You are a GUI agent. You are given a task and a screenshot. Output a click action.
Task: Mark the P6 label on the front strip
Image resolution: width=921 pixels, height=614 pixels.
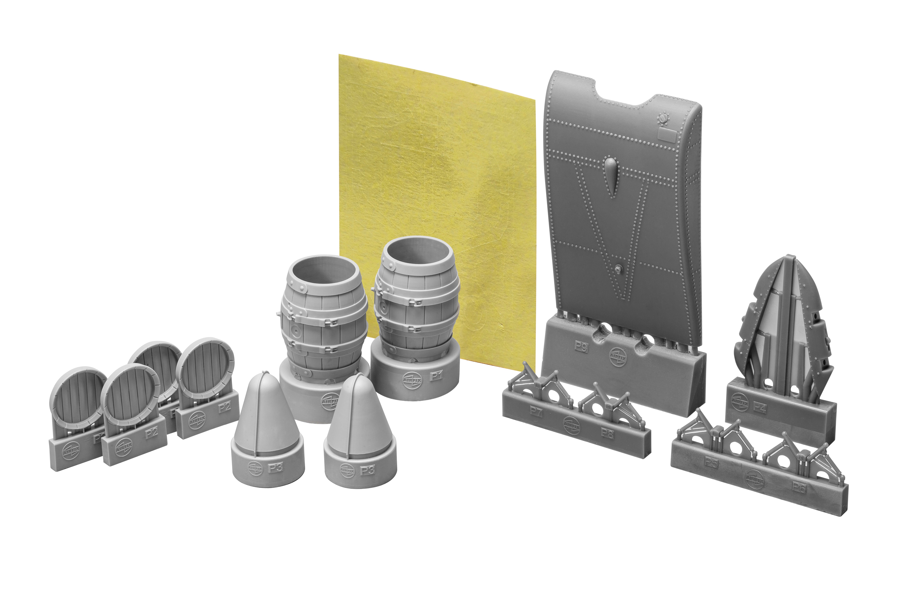click(799, 487)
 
